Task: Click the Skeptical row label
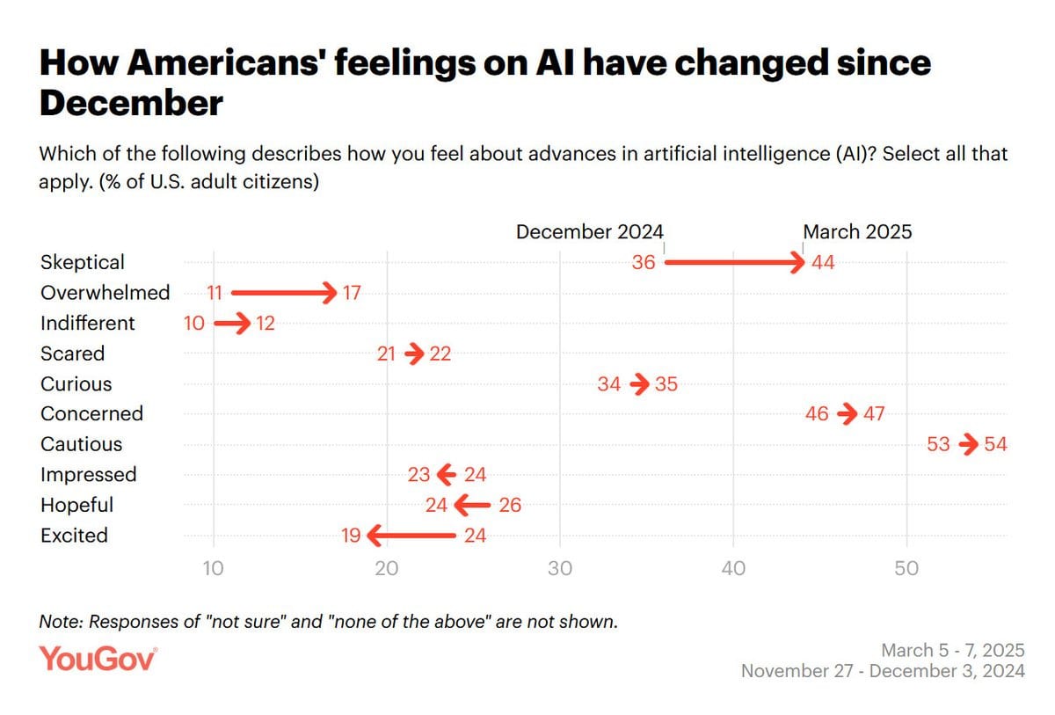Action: [x=83, y=262]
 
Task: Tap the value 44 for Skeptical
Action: [x=823, y=262]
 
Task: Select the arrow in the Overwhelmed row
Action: [x=283, y=292]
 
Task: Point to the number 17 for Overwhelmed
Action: [x=352, y=293]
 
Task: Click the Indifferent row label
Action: [x=88, y=323]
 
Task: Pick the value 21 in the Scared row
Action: [x=387, y=354]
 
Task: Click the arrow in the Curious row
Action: [x=640, y=384]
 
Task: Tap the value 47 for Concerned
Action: [x=874, y=414]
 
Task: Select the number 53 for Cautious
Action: [x=939, y=444]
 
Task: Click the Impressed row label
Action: [x=89, y=475]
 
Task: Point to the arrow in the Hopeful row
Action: [x=473, y=505]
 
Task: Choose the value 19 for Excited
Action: [x=351, y=536]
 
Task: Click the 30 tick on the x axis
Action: [x=560, y=569]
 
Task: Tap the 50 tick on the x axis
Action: [x=906, y=569]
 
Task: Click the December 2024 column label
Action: [x=590, y=232]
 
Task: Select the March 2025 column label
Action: [x=857, y=232]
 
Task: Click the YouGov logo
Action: [x=98, y=660]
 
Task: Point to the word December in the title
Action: [x=131, y=104]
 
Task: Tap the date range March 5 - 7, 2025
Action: [x=952, y=651]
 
